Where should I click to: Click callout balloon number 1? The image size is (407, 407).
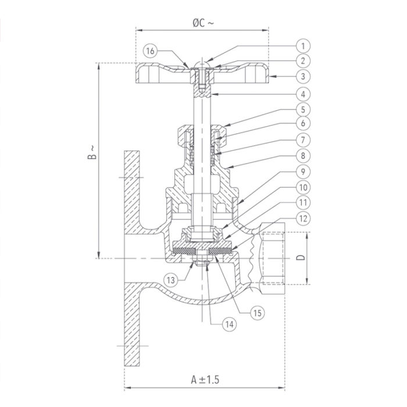[303, 45]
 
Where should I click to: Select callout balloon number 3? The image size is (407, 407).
[303, 76]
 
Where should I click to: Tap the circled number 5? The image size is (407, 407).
[303, 109]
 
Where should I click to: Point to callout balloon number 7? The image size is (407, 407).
[303, 140]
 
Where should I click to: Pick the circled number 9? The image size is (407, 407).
[303, 172]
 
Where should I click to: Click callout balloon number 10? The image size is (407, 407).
[303, 188]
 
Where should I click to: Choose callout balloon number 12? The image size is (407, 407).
[303, 219]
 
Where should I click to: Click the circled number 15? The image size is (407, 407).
[258, 312]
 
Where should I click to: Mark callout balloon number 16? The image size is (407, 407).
[151, 52]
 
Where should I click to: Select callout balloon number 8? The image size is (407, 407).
[303, 156]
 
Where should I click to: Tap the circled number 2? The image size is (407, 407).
[303, 60]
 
